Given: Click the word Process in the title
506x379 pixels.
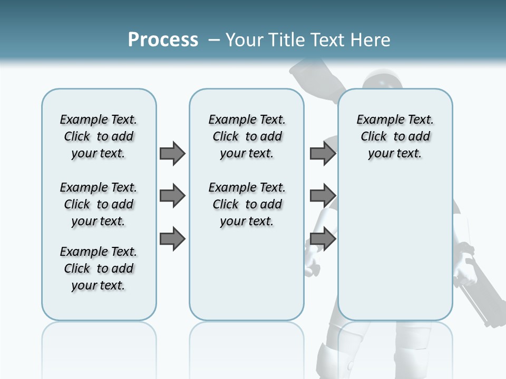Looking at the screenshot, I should pos(163,39).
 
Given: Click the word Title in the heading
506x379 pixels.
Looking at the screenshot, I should pos(287,40).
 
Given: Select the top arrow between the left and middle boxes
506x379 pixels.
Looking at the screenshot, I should pos(172,153).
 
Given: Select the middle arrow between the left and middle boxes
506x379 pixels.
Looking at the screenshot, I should pos(172,196).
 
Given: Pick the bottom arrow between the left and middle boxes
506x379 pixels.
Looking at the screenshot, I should pos(172,238).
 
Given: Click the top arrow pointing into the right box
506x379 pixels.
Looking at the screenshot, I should pos(323,153).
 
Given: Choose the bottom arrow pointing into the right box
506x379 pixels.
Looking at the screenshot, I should pos(323,238).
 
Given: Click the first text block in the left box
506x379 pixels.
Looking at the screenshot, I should pos(99,136).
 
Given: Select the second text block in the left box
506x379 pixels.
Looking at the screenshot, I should pos(99,204).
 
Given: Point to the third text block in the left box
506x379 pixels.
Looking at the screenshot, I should pos(99,268).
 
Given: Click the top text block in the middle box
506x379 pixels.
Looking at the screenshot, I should pos(247,136).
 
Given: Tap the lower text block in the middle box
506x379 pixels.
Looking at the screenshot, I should pos(247,204).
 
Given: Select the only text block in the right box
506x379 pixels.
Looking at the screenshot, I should pos(395,136).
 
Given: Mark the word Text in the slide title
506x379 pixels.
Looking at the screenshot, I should pos(329,40).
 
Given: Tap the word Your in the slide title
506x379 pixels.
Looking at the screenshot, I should pos(245,40).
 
